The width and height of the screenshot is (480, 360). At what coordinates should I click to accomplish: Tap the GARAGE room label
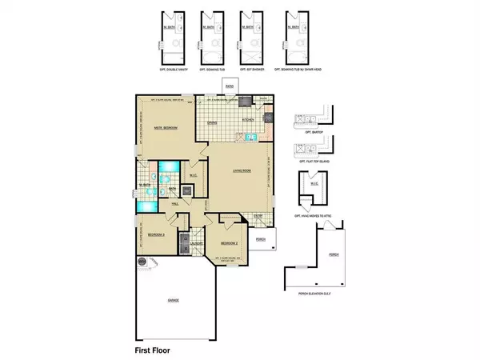tap(173, 300)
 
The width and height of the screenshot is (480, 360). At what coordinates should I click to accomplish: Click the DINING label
tap(212, 122)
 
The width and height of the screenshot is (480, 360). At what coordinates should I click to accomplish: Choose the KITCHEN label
tap(248, 121)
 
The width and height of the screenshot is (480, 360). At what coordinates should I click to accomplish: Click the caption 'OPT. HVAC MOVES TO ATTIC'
tap(313, 216)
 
